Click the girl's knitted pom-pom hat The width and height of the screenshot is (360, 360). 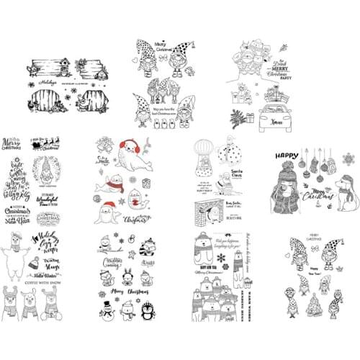(x=284, y=176)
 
